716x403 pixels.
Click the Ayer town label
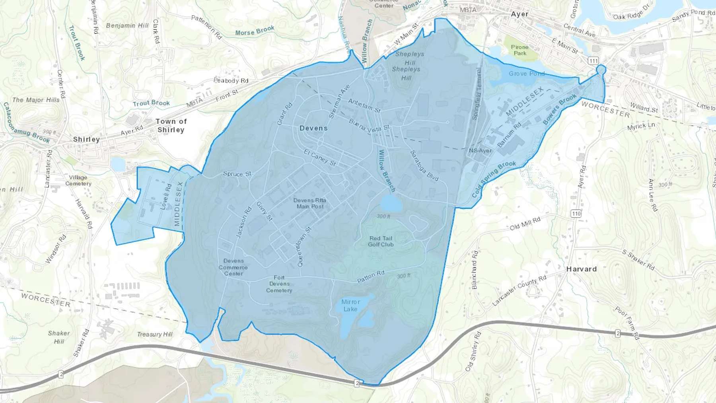click(x=519, y=14)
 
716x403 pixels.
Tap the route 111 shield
click(x=593, y=61)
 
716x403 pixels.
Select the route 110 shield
click(x=576, y=214)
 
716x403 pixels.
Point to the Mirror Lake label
click(x=350, y=306)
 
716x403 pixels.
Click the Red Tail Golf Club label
click(x=381, y=241)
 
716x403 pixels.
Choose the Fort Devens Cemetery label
click(x=279, y=284)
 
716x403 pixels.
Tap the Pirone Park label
click(x=519, y=50)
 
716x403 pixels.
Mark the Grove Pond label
click(x=526, y=74)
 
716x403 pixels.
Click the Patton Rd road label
click(x=371, y=276)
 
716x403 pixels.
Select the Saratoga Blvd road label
click(x=424, y=166)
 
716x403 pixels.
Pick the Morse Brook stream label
click(x=255, y=31)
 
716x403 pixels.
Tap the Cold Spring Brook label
click(x=494, y=179)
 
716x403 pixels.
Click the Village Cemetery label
click(x=78, y=180)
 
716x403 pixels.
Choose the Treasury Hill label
click(x=155, y=334)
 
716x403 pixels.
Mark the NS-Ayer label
click(x=480, y=150)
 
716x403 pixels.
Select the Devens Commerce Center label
click(x=233, y=267)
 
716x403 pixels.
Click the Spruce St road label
click(x=237, y=174)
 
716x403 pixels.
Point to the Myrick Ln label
click(x=641, y=127)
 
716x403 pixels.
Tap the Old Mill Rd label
click(x=525, y=224)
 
